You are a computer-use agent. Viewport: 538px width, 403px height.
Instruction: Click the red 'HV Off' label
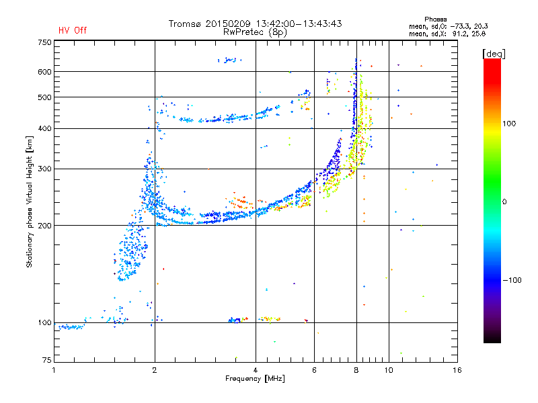coord(73,30)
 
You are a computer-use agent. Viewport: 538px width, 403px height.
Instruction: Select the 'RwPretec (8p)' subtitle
coord(255,32)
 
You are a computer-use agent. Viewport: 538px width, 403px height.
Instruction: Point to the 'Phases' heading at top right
coord(435,19)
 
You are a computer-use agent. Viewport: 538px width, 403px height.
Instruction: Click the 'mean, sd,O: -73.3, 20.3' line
coord(449,26)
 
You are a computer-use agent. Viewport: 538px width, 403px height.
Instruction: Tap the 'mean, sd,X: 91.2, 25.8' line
coord(447,34)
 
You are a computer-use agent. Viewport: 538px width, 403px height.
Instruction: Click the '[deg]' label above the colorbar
coord(494,54)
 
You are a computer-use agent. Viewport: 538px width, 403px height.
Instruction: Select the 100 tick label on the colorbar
coord(509,124)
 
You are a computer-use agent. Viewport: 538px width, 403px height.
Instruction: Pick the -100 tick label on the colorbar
coord(512,280)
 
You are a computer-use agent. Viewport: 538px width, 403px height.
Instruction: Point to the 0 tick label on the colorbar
coord(504,201)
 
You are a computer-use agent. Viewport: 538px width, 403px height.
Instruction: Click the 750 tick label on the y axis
coord(44,42)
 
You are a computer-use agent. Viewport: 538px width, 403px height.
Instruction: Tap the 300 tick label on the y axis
coord(44,169)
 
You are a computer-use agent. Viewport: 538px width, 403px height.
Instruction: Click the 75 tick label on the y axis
coord(47,360)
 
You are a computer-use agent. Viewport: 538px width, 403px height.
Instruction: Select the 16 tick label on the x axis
coord(457,370)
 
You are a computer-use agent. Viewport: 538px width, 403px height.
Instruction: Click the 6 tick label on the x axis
coord(314,370)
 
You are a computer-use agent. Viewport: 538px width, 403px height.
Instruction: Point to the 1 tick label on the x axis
coord(54,370)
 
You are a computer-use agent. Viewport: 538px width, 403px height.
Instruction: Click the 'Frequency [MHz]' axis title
coord(255,379)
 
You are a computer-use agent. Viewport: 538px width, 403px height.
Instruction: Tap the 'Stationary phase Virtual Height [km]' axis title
coord(30,202)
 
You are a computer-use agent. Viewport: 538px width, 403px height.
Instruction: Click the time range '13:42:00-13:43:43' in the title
coord(299,24)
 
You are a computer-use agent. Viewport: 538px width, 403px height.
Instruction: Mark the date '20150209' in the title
coord(228,24)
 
